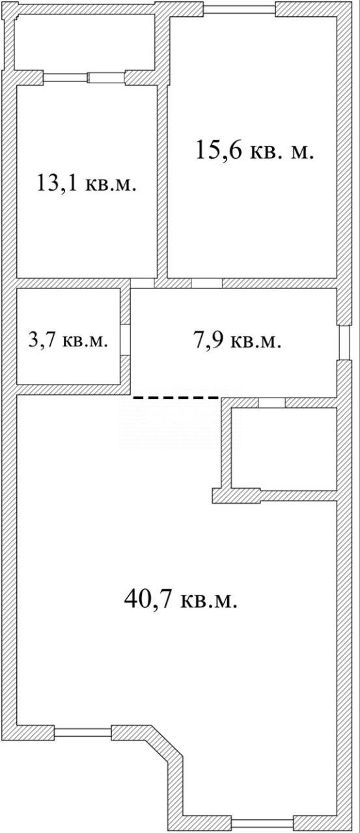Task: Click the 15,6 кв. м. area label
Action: [x=255, y=150]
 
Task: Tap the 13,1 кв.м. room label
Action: [x=87, y=183]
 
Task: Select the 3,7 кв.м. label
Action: [x=68, y=340]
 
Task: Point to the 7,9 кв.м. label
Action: [x=237, y=340]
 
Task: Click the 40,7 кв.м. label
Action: [x=181, y=599]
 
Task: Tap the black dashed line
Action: [x=176, y=398]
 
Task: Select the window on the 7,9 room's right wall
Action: [x=344, y=343]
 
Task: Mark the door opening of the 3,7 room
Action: [x=126, y=340]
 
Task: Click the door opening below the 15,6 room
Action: [x=207, y=283]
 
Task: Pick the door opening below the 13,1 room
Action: [x=143, y=283]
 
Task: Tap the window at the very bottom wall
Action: [x=262, y=823]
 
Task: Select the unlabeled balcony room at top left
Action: [x=85, y=42]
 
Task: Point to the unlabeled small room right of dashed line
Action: [x=284, y=449]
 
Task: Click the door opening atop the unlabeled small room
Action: [x=272, y=403]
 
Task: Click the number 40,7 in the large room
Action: [x=148, y=599]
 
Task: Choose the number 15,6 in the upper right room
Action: [x=219, y=150]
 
